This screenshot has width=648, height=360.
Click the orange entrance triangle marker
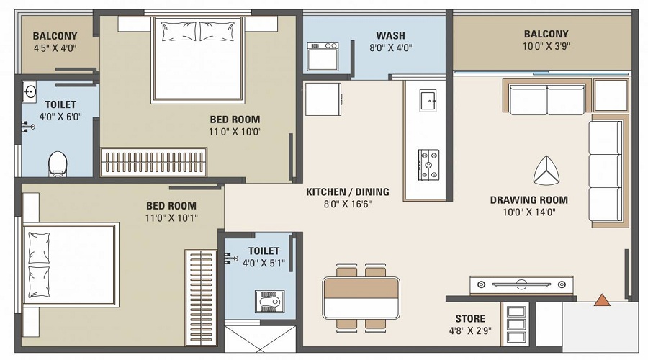click(x=602, y=300)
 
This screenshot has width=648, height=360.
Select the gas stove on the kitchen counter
click(x=429, y=165)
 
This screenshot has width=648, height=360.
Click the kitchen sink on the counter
click(x=428, y=99)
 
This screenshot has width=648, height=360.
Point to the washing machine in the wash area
click(x=323, y=56)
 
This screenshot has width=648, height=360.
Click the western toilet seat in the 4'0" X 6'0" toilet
click(x=58, y=163)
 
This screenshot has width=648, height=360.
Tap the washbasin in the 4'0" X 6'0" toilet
click(x=30, y=91)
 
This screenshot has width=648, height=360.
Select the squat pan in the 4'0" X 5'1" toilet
click(x=269, y=301)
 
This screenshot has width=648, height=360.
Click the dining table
click(x=361, y=297)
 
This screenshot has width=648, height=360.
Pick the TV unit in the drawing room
click(x=522, y=285)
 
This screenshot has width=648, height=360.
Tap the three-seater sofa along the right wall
click(x=606, y=171)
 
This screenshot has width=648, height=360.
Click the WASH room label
click(x=390, y=35)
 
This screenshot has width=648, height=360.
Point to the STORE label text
click(x=469, y=318)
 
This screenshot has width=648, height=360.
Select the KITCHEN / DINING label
click(x=348, y=192)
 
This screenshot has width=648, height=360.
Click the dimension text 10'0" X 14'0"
click(x=529, y=212)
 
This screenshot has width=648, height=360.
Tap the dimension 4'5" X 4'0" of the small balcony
click(x=55, y=48)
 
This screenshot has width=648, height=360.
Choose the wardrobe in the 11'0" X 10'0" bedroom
click(x=153, y=163)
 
